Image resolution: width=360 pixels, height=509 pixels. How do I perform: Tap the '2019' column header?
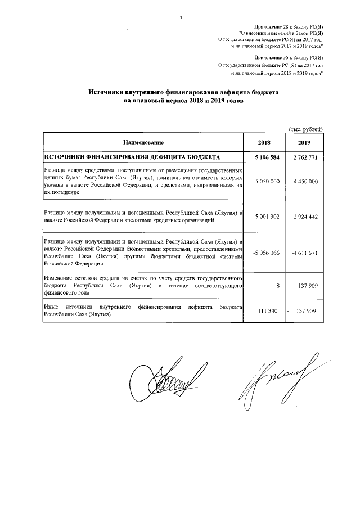(304, 143)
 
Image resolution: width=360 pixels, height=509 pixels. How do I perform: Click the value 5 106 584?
(263, 157)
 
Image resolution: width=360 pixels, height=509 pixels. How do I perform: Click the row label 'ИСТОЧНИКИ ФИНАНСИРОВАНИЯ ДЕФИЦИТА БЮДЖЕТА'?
(132, 157)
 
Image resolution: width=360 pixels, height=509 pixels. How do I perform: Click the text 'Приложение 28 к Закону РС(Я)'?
(288, 26)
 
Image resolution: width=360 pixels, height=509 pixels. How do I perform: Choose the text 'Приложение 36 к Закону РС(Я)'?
(288, 58)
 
